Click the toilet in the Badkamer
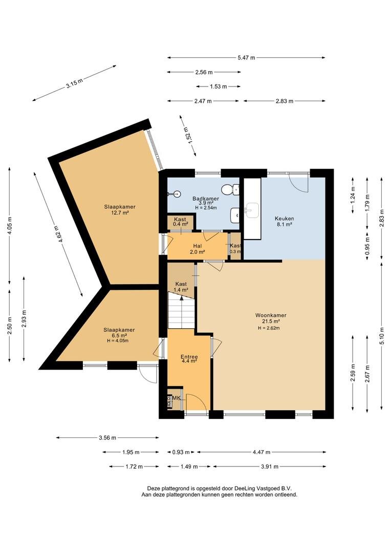(x=232, y=189)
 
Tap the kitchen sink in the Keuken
(x=252, y=210)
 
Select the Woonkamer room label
(x=271, y=315)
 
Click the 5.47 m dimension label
(x=247, y=58)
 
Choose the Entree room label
(x=189, y=356)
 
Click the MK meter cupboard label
(x=177, y=398)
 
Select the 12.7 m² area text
(x=120, y=212)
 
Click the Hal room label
(x=197, y=246)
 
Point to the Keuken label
(x=284, y=218)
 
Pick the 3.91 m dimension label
(x=270, y=466)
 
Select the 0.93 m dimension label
(x=181, y=452)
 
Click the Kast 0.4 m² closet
(x=180, y=222)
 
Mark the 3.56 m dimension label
(x=107, y=438)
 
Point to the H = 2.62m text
(x=269, y=328)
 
